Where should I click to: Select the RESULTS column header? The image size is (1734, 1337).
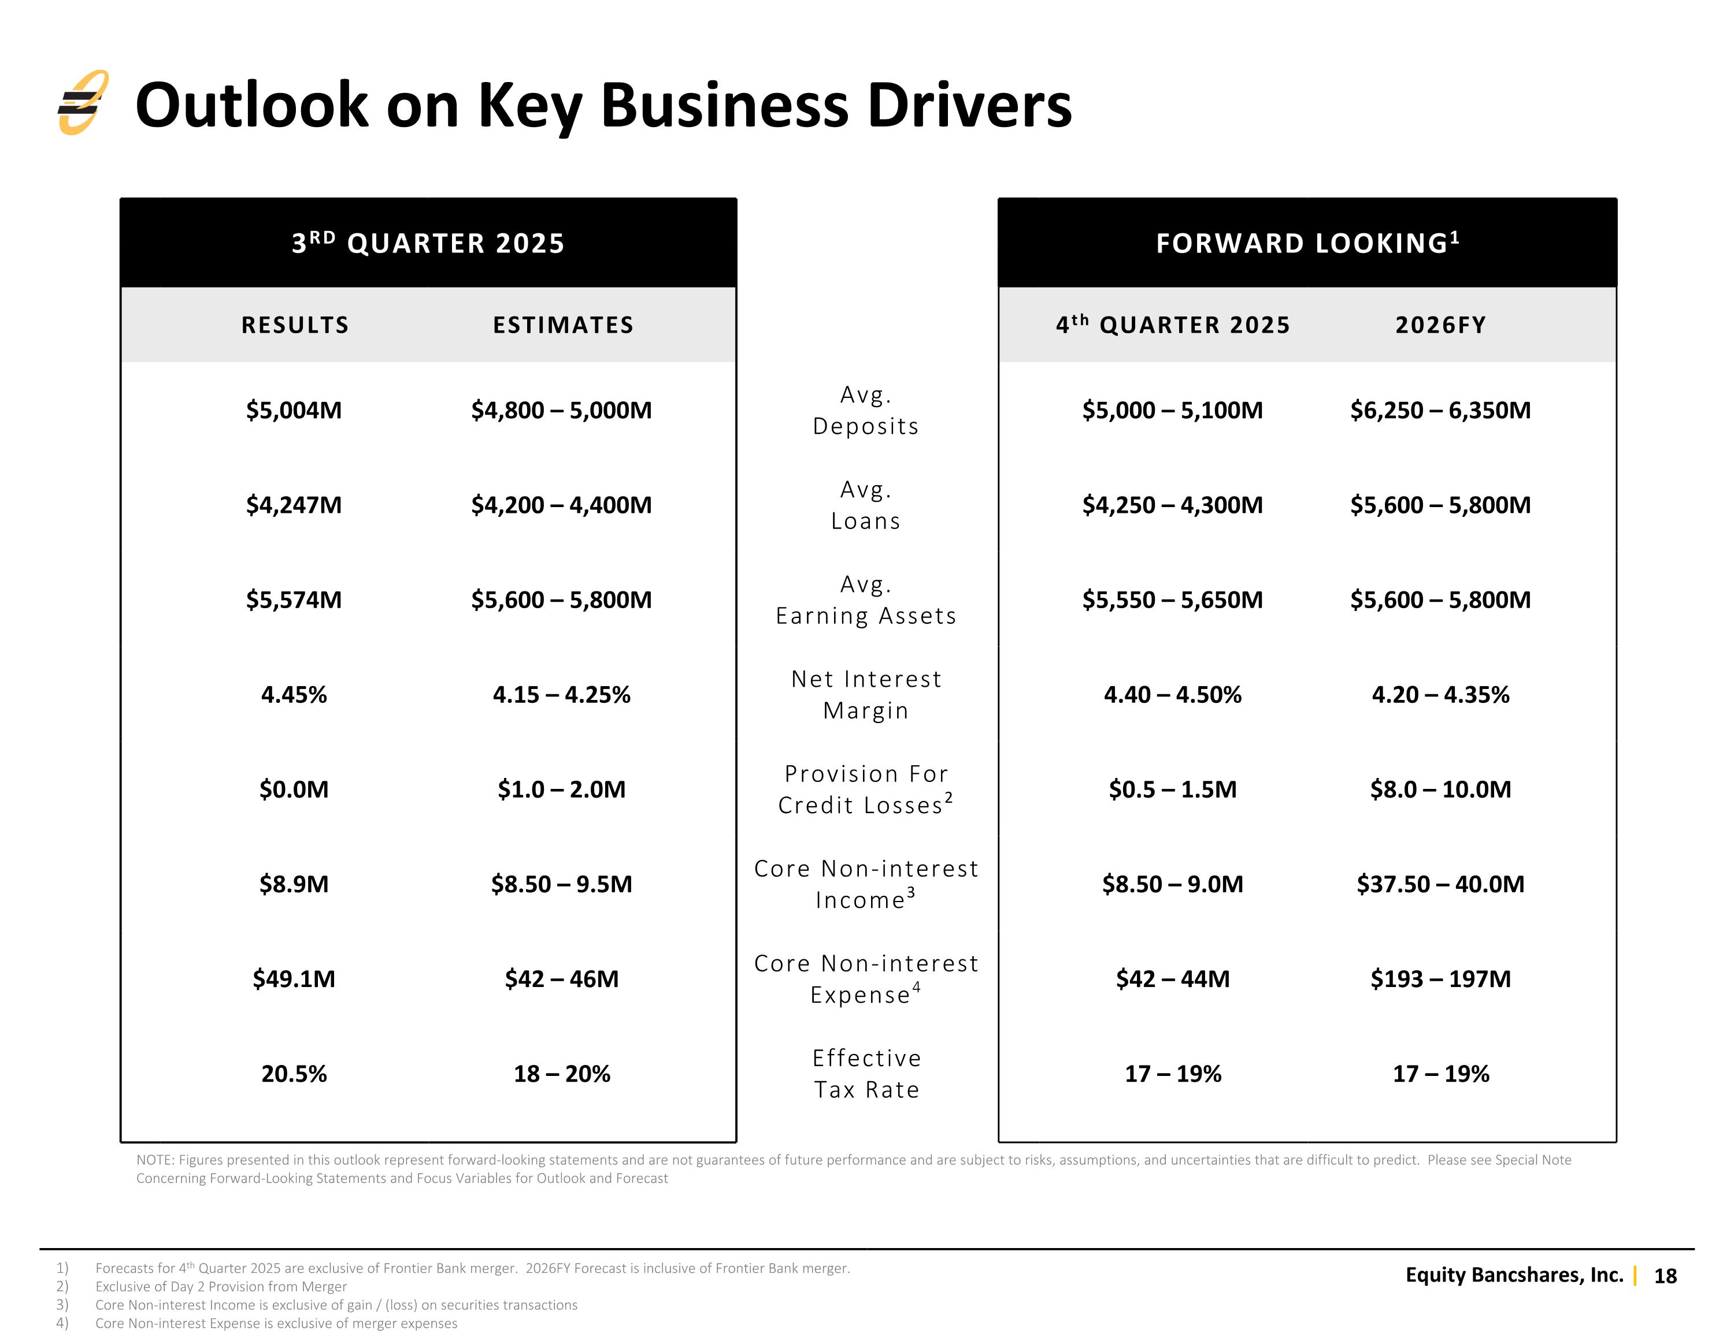[x=295, y=325]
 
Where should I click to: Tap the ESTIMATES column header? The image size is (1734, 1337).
[x=563, y=325]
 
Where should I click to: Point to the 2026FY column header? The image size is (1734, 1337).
[x=1440, y=325]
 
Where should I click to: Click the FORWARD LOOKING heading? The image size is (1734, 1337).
[x=1307, y=242]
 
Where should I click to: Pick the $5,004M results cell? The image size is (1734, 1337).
[x=294, y=410]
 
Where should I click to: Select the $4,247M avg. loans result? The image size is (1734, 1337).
[x=294, y=505]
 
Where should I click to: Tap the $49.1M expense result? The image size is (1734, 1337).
[x=294, y=978]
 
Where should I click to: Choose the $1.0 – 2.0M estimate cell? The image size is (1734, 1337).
[x=561, y=789]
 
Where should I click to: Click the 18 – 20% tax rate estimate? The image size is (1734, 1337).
[x=561, y=1074]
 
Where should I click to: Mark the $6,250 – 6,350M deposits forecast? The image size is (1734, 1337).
[x=1440, y=410]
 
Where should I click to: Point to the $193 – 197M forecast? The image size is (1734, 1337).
[x=1440, y=978]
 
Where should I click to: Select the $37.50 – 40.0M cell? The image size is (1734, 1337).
[x=1440, y=884]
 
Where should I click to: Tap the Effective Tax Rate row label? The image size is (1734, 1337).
[x=866, y=1074]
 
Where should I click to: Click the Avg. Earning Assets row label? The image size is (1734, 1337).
[x=866, y=600]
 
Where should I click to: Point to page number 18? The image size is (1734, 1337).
[x=1665, y=1276]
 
